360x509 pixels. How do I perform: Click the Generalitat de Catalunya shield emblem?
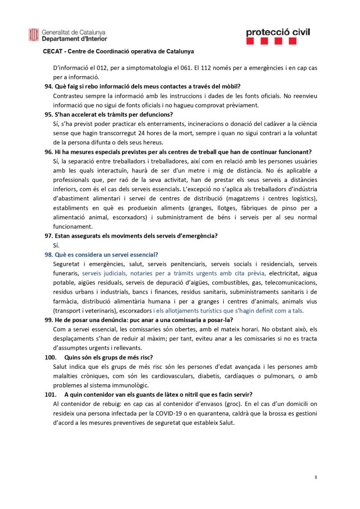[x=33, y=35]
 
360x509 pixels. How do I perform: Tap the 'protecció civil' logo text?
[x=277, y=32]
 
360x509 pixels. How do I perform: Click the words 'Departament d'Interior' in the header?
[x=74, y=39]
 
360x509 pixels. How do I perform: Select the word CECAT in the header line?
[x=52, y=51]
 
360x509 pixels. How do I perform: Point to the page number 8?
[x=316, y=477]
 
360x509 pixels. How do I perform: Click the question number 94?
[x=48, y=86]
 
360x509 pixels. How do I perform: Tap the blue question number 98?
[x=48, y=254]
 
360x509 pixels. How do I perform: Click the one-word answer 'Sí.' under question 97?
[x=56, y=245]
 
